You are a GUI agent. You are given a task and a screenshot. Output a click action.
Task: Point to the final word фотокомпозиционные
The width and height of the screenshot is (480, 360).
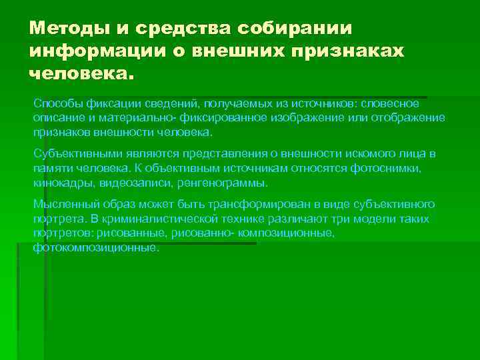click(x=95, y=247)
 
